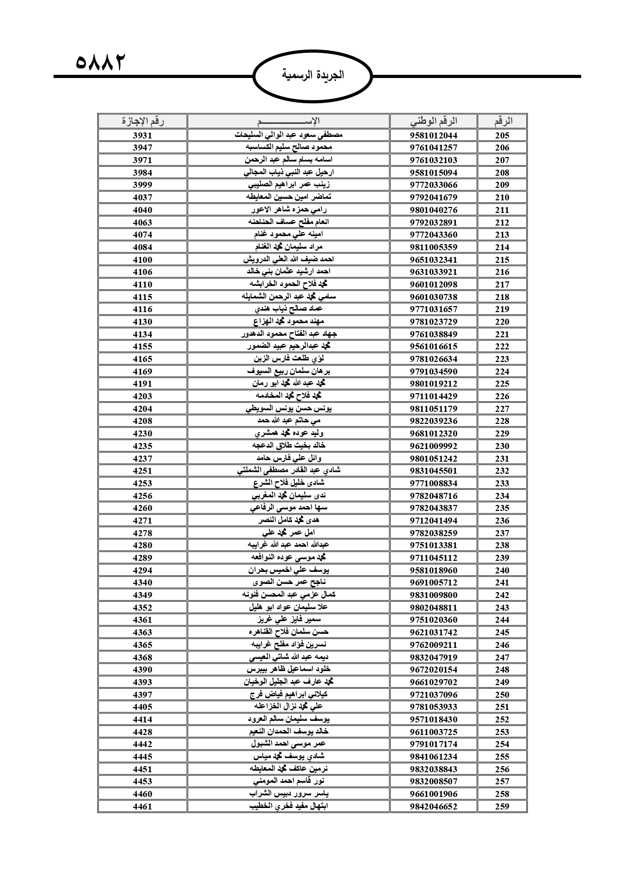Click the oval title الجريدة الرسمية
tap(313, 76)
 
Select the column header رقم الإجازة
tap(143, 121)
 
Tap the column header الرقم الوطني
tap(433, 121)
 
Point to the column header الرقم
tap(502, 121)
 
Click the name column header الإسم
tap(289, 121)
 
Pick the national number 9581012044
tap(433, 135)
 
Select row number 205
tap(502, 135)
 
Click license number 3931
tap(143, 135)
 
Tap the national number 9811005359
tap(433, 247)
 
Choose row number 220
tap(502, 322)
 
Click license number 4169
tap(143, 372)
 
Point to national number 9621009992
tap(433, 446)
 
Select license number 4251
tap(143, 471)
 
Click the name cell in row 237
tap(289, 533)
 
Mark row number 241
tap(502, 582)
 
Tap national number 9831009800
tap(433, 595)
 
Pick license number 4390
tap(143, 670)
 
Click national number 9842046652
tap(433, 806)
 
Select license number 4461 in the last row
tap(143, 806)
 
